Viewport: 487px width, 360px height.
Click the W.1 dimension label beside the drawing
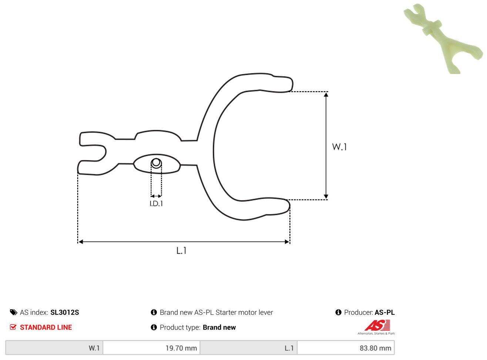(339, 147)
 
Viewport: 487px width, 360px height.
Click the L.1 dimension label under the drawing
(181, 250)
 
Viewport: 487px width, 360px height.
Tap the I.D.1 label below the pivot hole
(156, 204)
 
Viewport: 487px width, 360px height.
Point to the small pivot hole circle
(156, 163)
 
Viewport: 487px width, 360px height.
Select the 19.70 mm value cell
(151, 348)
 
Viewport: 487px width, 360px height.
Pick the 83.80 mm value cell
(346, 348)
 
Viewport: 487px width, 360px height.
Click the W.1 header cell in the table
(54, 348)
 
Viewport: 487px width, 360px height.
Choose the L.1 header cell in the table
(249, 348)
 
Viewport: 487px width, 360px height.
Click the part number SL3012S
(64, 312)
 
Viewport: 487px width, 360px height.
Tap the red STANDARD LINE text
(46, 327)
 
